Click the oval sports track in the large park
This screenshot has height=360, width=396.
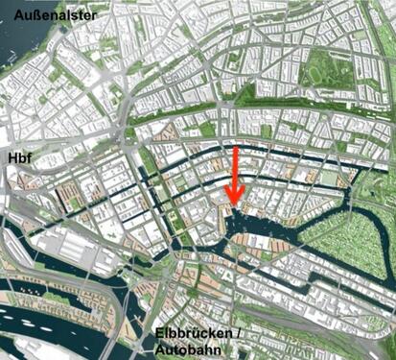(x=314, y=68)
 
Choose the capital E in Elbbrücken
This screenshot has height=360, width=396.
(x=158, y=336)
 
